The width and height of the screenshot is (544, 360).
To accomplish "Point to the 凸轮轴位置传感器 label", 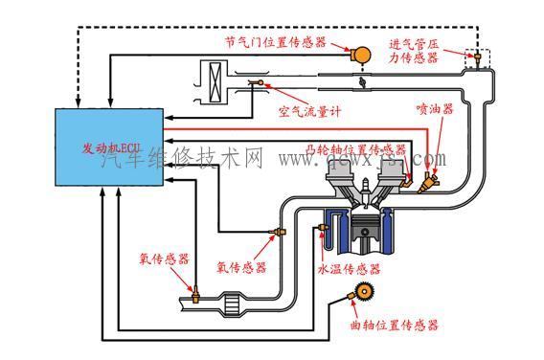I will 355,149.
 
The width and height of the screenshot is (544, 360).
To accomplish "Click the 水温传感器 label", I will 350,269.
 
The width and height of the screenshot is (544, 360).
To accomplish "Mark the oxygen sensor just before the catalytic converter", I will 194,292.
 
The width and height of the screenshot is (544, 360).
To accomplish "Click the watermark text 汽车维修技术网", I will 182,159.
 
